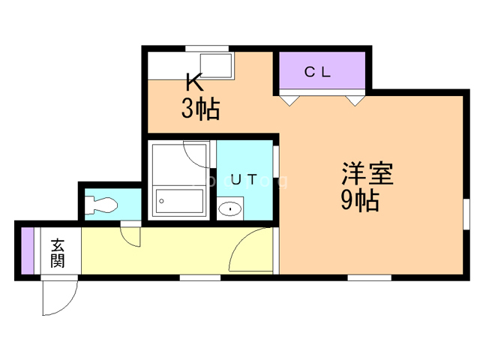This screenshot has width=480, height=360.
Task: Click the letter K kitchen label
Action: click(193, 80)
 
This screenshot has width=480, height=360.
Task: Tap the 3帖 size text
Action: click(199, 109)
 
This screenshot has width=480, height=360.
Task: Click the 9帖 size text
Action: click(360, 200)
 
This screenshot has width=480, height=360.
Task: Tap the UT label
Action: click(244, 180)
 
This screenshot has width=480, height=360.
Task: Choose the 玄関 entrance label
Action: click(58, 253)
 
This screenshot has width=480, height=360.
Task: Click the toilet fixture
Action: click(100, 204)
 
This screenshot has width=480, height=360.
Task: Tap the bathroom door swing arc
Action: click(196, 154)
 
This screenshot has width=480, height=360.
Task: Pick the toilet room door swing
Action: click(132, 235)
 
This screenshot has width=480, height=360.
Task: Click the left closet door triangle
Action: click(290, 97)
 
